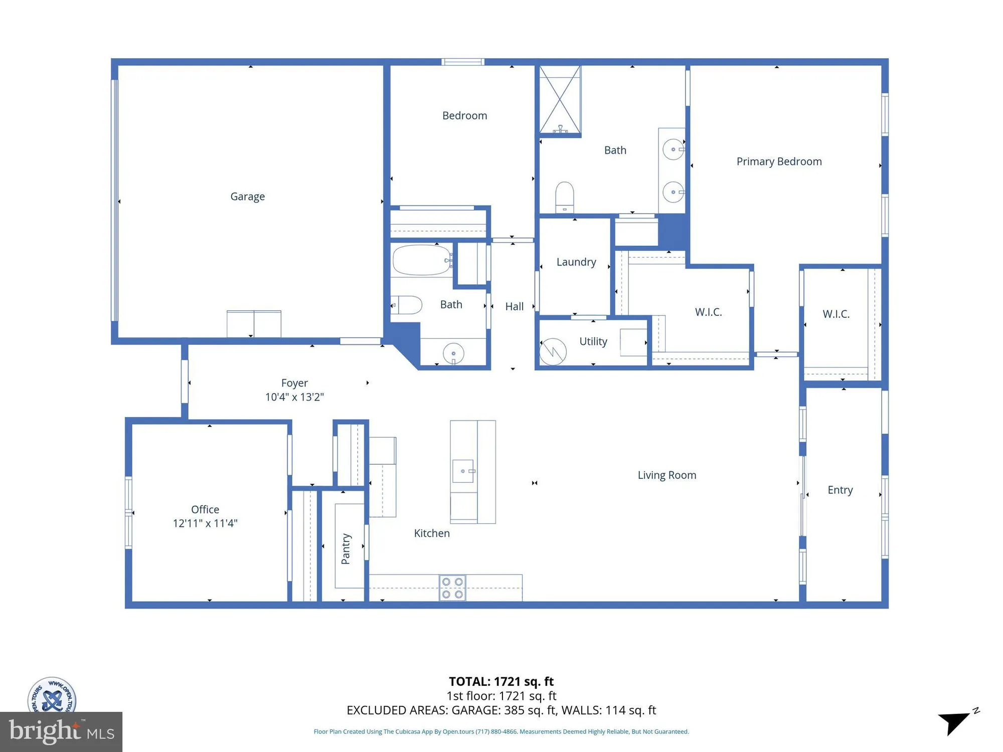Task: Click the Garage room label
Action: [x=247, y=197]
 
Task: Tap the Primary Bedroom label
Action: [x=779, y=161]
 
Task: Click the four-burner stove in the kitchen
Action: [x=452, y=588]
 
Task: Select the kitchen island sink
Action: [x=463, y=471]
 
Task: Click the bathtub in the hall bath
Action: [x=421, y=260]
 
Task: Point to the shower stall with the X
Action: [x=560, y=100]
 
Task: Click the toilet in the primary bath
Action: [x=565, y=197]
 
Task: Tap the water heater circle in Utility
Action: [x=553, y=351]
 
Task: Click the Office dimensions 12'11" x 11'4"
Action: [x=205, y=523]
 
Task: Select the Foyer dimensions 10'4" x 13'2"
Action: [x=294, y=397]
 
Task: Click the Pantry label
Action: [x=346, y=548]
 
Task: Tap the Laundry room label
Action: [x=576, y=262]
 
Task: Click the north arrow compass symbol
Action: [x=956, y=722]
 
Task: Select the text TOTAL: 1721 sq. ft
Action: [x=501, y=681]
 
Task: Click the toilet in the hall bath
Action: [x=407, y=305]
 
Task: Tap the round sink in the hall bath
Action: [x=453, y=353]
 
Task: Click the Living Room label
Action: [x=666, y=475]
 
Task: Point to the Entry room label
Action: [x=840, y=490]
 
